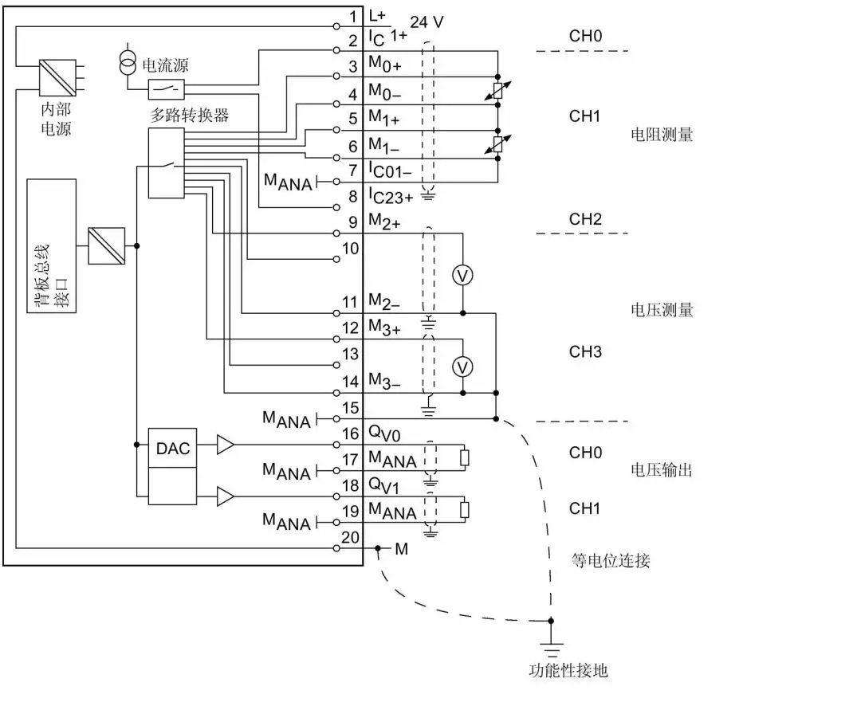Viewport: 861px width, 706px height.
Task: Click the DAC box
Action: point(172,449)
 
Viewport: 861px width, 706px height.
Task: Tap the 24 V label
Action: point(427,22)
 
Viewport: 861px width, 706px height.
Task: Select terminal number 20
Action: point(351,537)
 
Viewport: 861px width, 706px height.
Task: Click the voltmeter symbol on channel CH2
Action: point(462,275)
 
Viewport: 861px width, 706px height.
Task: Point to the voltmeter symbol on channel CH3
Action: point(462,366)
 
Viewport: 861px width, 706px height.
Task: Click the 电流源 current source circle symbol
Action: point(128,65)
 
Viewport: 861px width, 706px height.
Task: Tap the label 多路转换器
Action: point(190,116)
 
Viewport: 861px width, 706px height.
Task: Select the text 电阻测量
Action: point(662,135)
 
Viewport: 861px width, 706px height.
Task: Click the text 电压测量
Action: point(662,310)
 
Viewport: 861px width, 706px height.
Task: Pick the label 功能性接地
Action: point(568,670)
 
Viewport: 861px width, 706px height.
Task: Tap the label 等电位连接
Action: point(611,561)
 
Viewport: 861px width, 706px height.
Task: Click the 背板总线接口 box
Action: point(51,245)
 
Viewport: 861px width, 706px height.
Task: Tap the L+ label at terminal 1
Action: point(377,15)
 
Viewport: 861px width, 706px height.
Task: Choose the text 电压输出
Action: point(662,470)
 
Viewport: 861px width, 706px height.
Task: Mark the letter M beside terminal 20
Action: point(401,549)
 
